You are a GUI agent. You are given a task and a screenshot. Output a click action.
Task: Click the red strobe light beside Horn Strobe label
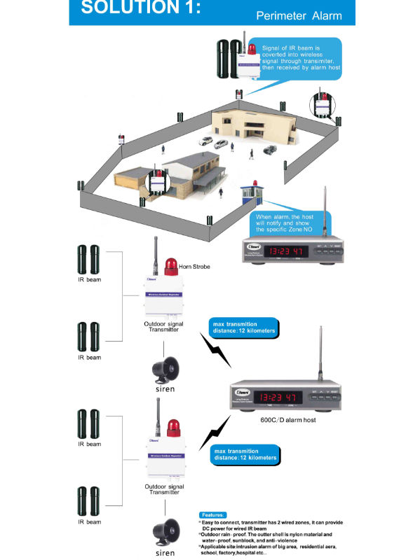tap(170, 266)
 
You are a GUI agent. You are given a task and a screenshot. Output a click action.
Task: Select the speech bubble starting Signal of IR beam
tap(298, 56)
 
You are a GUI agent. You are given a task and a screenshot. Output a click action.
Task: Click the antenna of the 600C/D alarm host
tap(321, 357)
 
